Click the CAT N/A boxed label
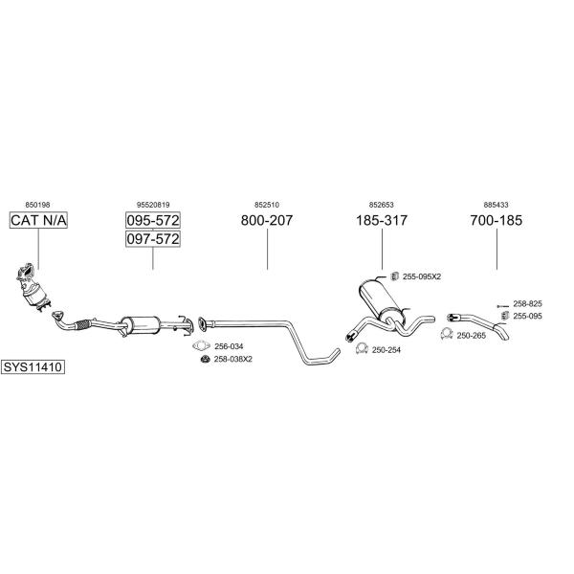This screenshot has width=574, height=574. point(38,220)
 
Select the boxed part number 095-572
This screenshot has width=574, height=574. point(153,220)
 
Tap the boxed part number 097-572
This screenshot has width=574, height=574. point(153,238)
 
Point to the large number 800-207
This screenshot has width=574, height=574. point(267,220)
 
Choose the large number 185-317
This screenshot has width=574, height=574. point(382,220)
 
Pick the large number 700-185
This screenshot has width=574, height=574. point(497,220)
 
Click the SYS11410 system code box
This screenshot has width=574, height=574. point(33,366)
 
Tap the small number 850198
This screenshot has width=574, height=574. point(37,205)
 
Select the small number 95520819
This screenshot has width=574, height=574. point(153,205)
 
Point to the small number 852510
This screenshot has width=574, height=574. point(267,205)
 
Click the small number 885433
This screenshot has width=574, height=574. point(496,205)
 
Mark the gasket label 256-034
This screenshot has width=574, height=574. point(229,346)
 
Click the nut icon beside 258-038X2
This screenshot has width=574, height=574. point(206,359)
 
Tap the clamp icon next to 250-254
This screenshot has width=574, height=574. point(362,348)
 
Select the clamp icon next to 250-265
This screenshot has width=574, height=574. point(447,334)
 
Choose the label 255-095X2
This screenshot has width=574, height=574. point(422,276)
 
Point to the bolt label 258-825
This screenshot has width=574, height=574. point(527,304)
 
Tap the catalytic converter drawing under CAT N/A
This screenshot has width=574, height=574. point(33,287)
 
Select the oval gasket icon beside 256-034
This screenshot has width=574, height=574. point(201,345)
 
